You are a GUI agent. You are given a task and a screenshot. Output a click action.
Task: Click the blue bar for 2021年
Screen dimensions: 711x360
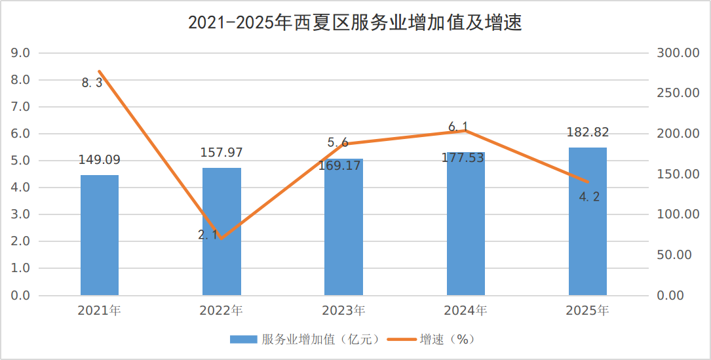[x=100, y=235]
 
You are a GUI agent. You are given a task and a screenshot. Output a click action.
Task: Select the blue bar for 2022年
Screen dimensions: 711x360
[x=221, y=231]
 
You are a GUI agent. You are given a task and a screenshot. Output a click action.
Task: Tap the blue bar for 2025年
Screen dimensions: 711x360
[x=588, y=222]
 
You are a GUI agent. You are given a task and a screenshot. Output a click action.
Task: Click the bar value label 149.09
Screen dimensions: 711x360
[x=100, y=160]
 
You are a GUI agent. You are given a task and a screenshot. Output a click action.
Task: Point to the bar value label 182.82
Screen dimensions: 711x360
[x=588, y=132]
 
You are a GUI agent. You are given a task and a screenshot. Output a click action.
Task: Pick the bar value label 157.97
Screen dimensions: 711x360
[x=221, y=153]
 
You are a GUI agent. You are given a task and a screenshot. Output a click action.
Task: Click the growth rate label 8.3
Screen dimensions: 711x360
[x=92, y=83]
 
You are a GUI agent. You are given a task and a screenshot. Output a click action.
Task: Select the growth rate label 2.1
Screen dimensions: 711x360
[x=208, y=235]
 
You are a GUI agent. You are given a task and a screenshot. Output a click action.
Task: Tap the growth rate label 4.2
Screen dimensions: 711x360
[x=589, y=197]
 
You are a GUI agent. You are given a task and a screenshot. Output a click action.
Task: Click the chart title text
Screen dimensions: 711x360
[x=355, y=22]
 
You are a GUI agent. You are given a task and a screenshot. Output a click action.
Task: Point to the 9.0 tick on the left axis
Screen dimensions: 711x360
[x=20, y=53]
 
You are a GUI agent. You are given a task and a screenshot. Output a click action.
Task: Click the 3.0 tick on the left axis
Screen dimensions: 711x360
[x=20, y=214]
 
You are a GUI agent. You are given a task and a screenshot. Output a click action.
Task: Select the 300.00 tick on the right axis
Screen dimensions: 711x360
[x=678, y=53]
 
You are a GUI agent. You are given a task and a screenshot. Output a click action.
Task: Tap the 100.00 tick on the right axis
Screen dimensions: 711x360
[x=678, y=214]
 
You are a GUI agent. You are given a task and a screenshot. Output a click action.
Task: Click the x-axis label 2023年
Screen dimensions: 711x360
[x=344, y=311]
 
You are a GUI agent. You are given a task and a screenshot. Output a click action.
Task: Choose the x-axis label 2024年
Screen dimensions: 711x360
[x=466, y=311]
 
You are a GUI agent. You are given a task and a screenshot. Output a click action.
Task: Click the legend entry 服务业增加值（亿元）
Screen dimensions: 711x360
[x=304, y=340]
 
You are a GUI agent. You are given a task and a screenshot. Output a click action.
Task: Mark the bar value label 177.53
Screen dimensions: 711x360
[x=463, y=158]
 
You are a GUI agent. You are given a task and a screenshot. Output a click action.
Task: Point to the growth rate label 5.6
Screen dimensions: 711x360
[x=338, y=143]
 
